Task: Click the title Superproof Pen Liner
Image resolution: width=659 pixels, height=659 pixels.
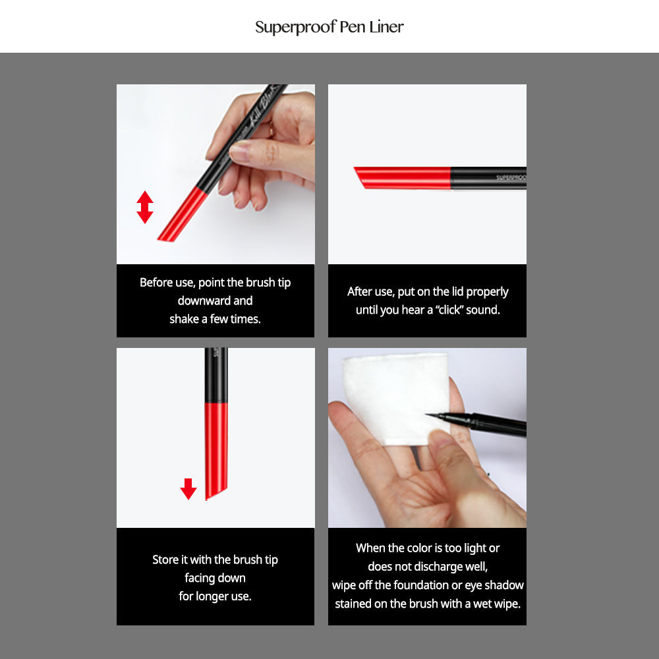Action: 329,27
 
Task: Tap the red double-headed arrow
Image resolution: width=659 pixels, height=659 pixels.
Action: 145,207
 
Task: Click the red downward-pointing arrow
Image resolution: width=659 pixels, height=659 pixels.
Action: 188,489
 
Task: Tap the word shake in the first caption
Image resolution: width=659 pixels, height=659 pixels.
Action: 185,319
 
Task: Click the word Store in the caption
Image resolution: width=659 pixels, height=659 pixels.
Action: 165,559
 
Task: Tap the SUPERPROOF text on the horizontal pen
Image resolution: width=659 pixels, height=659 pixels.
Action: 511,177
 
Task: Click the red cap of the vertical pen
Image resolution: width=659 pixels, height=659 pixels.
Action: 216,448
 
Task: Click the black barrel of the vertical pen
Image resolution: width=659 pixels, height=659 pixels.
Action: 216,376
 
